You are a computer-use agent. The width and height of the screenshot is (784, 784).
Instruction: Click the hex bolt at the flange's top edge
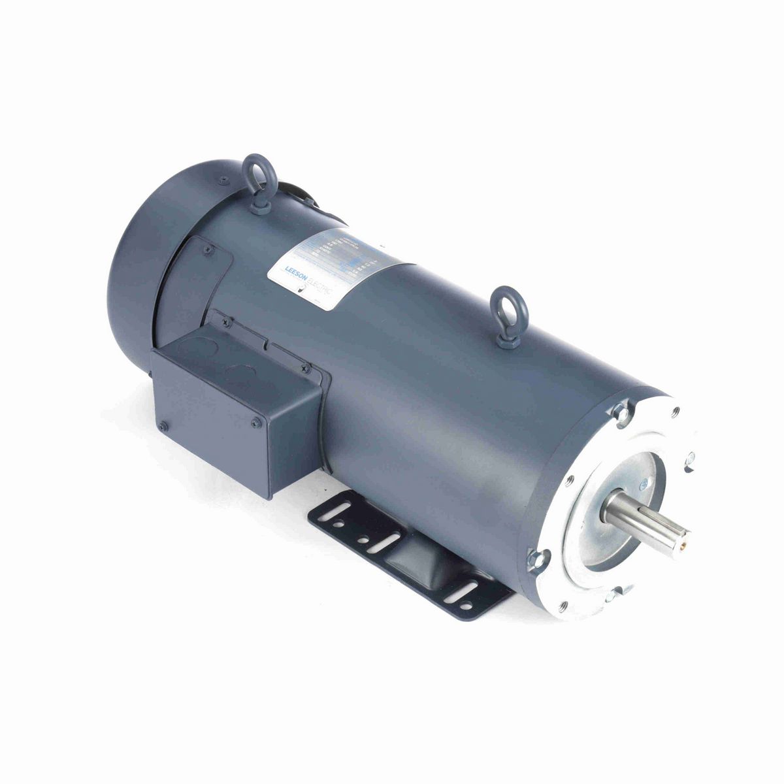click(x=621, y=412)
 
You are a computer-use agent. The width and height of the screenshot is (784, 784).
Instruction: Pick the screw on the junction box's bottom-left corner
click(x=163, y=427)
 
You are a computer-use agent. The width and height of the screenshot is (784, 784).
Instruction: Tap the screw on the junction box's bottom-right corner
click(x=255, y=423)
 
